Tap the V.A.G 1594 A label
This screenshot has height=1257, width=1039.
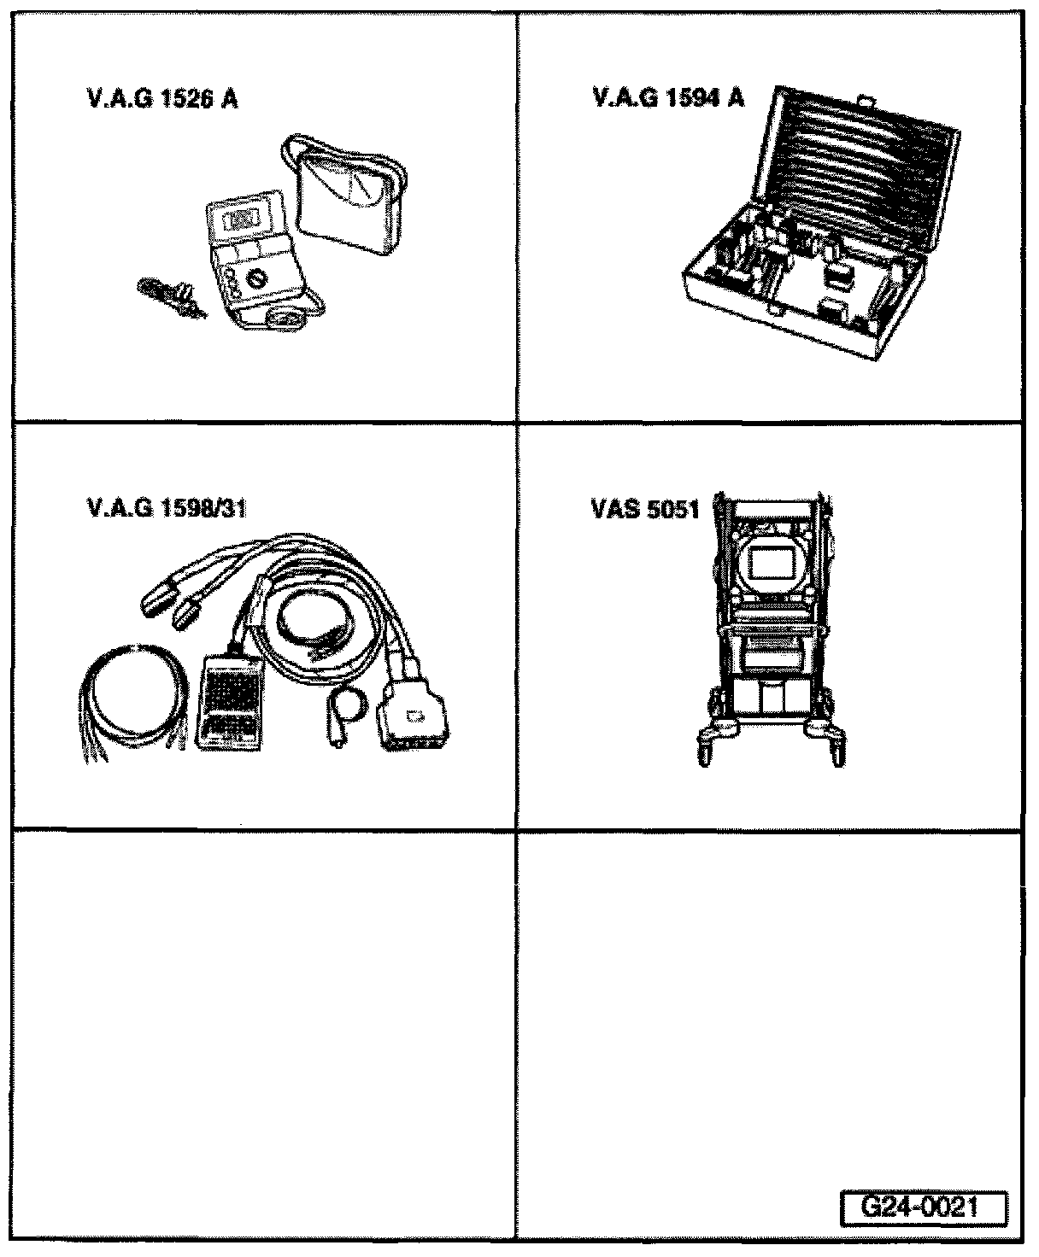click(x=668, y=98)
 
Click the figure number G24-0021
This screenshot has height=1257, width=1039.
click(x=921, y=1208)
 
